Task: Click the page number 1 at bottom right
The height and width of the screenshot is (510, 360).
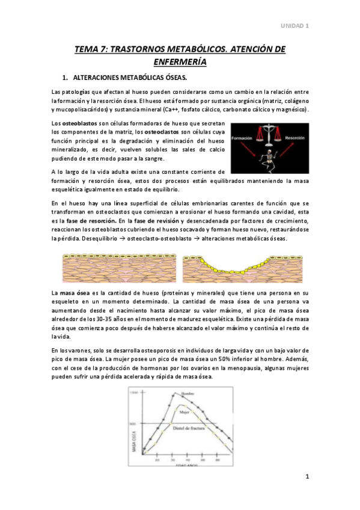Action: [x=307, y=477]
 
